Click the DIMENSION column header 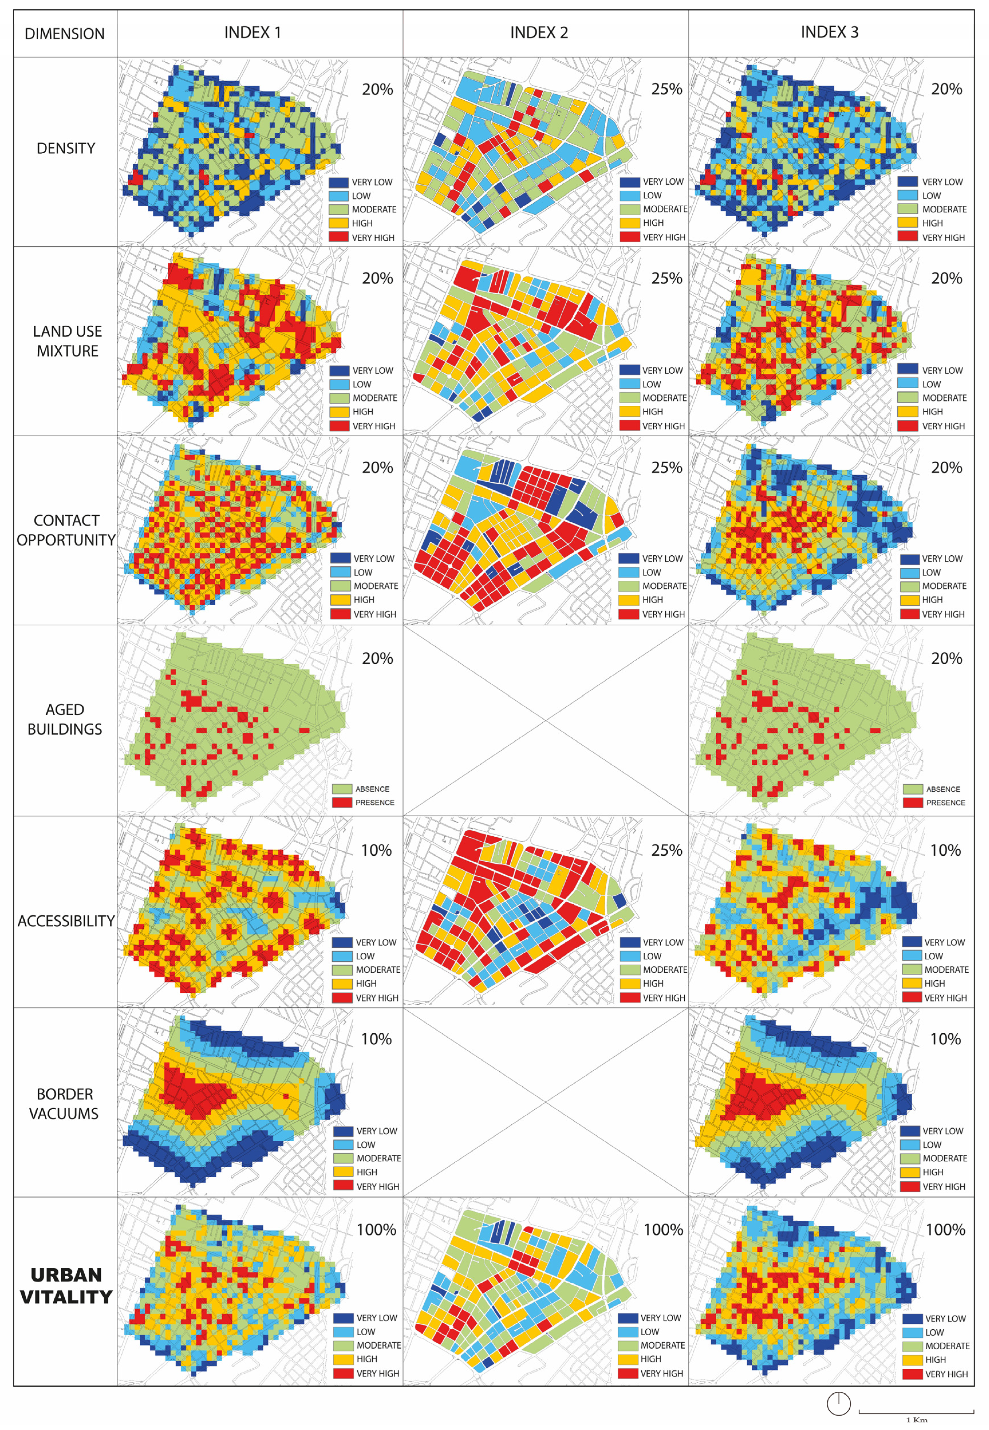click(x=64, y=34)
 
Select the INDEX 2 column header click(x=539, y=33)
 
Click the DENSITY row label click(x=66, y=149)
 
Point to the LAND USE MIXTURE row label click(x=67, y=341)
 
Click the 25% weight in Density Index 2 click(x=666, y=89)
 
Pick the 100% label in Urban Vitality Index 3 click(x=945, y=1230)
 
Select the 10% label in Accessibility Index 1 click(x=376, y=850)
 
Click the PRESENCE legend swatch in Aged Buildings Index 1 click(x=342, y=802)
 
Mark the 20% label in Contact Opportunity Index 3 click(x=946, y=468)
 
